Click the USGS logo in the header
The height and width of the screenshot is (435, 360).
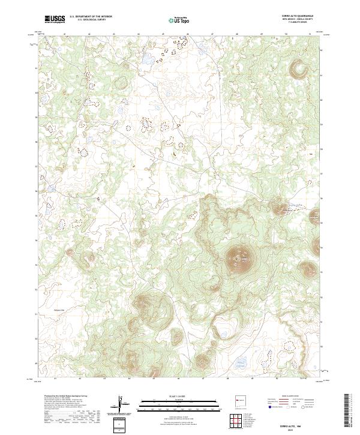click(55, 19)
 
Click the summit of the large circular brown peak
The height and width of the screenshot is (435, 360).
click(239, 259)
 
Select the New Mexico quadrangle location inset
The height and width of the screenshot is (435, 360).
click(240, 404)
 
